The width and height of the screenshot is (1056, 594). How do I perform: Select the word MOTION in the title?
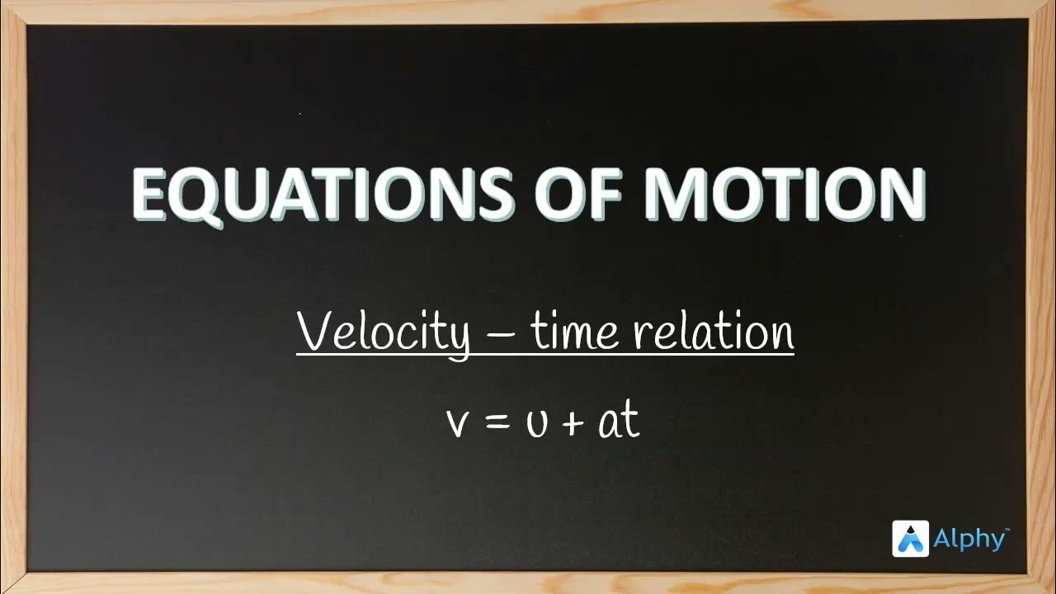(x=784, y=196)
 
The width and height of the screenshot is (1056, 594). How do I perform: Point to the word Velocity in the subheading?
(x=383, y=332)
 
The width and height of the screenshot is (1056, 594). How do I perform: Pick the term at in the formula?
(x=619, y=421)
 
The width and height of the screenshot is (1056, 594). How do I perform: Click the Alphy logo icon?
(x=911, y=539)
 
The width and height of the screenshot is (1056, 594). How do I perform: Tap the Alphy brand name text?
(x=969, y=540)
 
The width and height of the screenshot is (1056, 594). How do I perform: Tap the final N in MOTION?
(x=898, y=196)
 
